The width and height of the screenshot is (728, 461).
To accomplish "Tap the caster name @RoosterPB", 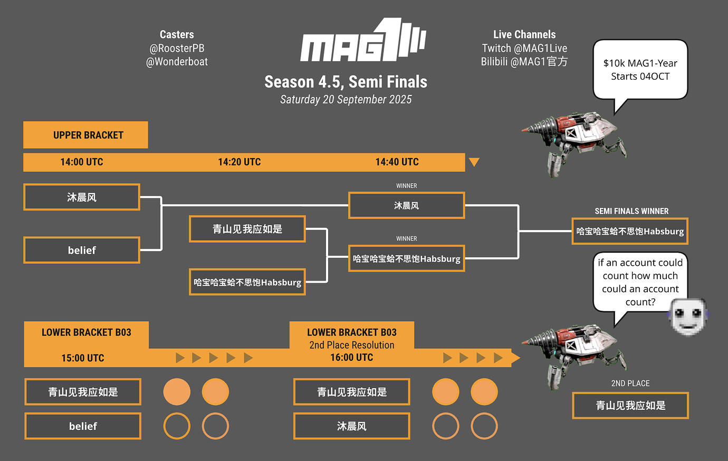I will [177, 48].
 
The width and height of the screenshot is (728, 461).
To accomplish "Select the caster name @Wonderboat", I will [177, 62].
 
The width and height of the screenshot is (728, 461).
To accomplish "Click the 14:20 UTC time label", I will [240, 162].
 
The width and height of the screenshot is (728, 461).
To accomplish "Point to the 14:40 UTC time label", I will [397, 162].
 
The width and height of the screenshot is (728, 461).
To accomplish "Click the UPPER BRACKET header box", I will [85, 135].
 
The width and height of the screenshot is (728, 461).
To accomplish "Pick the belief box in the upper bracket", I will [82, 250].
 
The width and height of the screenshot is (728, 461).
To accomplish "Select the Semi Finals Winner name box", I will [630, 231].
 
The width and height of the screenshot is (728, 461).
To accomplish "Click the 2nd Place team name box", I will [630, 405].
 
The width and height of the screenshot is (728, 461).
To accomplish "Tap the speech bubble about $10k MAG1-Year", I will [640, 70].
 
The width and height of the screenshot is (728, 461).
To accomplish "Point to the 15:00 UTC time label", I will [83, 358].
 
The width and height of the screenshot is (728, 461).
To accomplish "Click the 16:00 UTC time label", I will [351, 357].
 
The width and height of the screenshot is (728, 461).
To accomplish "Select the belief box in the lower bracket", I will [83, 426].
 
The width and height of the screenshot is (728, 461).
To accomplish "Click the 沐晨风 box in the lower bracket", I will [351, 426].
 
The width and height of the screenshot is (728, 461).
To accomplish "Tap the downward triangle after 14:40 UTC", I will [474, 162].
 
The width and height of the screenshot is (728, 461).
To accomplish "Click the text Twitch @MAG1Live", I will [524, 48].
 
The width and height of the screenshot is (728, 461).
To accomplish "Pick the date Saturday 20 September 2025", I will [346, 99].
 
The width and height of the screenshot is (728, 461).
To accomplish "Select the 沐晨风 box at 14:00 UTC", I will [82, 197].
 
